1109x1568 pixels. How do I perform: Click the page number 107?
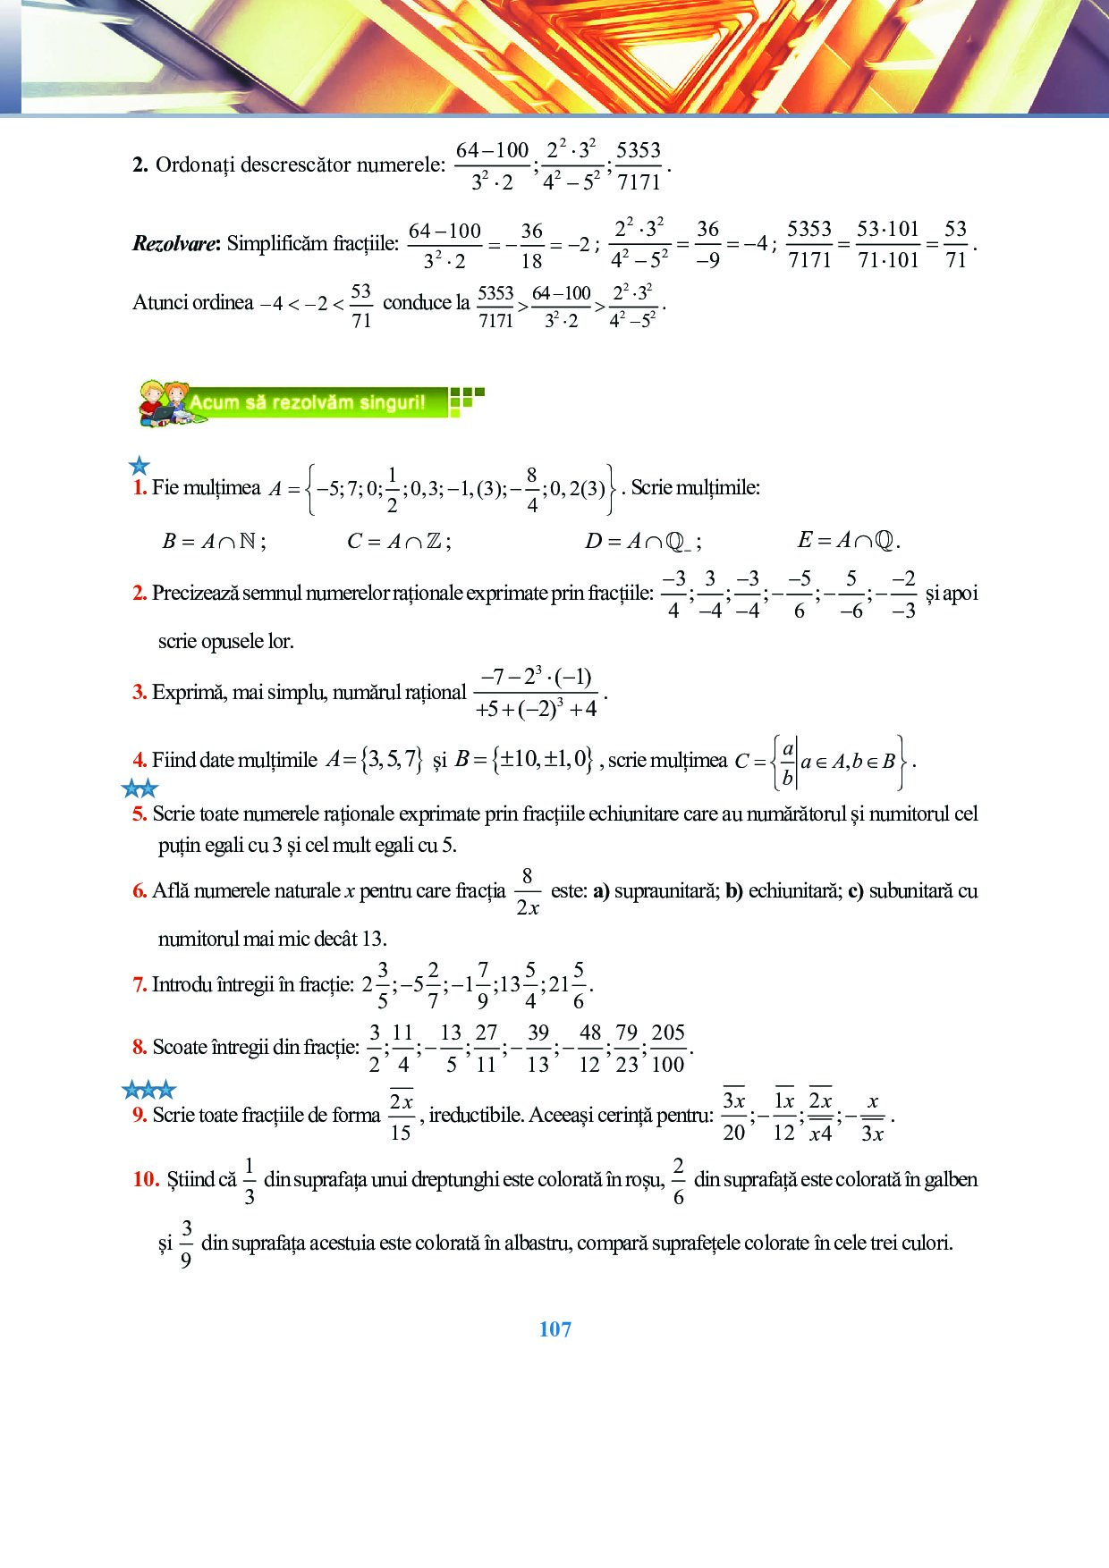coord(554,1329)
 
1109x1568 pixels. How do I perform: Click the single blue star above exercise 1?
coord(139,466)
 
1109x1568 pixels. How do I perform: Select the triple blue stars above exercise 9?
coord(148,1090)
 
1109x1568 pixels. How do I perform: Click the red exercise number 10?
coord(146,1179)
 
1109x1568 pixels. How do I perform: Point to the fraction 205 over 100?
coord(668,1048)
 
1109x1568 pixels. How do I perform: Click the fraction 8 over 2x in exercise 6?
coord(528,891)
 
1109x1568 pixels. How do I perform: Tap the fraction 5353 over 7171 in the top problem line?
coord(639,165)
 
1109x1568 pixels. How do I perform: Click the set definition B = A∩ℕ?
coord(214,541)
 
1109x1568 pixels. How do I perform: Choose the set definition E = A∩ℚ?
coord(848,540)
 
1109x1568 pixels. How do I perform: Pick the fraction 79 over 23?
coord(627,1048)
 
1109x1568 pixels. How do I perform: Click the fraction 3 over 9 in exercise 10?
coord(186,1243)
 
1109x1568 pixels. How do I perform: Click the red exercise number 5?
coord(140,814)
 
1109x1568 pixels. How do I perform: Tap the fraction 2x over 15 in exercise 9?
coord(401,1116)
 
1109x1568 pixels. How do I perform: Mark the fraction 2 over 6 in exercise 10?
coord(679,1181)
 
